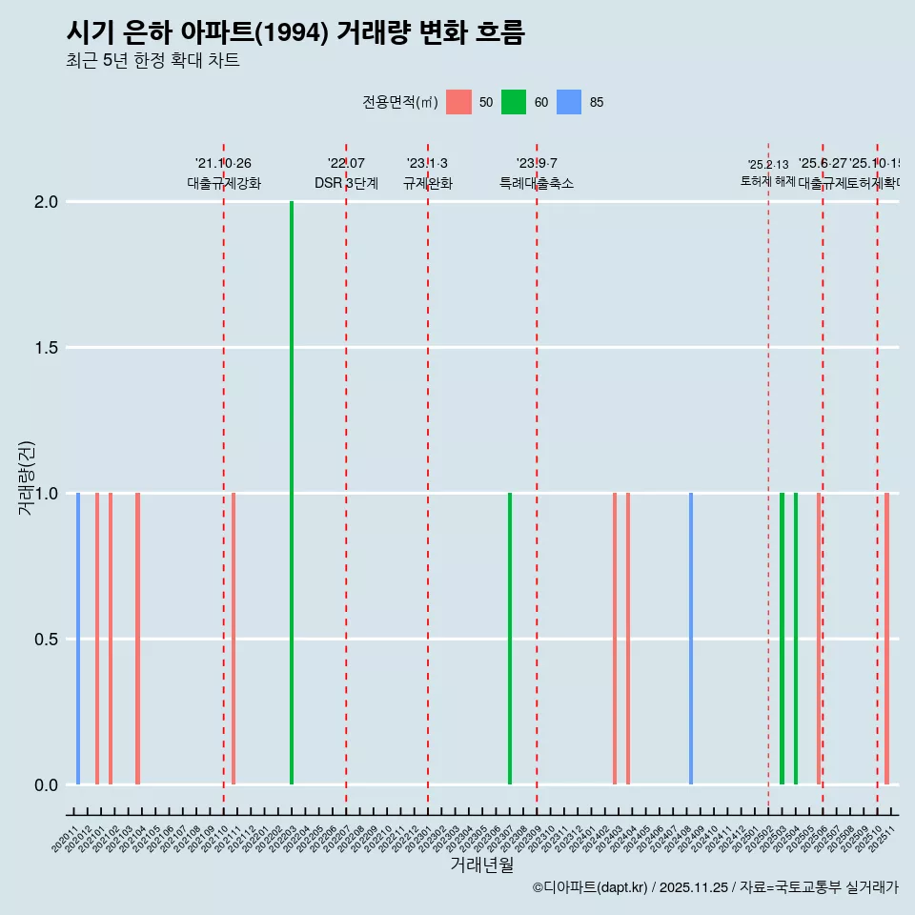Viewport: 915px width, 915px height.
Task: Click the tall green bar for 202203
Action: pos(292,493)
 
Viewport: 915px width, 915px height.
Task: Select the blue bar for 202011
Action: pos(78,639)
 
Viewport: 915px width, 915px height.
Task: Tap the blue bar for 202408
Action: pos(691,639)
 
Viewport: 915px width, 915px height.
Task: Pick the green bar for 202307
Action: pos(510,639)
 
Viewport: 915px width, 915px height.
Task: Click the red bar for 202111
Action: pos(234,639)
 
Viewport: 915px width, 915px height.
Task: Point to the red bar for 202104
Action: pos(138,639)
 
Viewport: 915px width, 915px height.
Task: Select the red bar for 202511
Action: pos(886,639)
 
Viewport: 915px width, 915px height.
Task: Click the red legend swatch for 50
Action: pos(459,102)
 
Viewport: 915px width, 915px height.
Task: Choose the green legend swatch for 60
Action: pos(515,102)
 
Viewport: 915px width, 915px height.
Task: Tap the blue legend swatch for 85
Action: pos(569,102)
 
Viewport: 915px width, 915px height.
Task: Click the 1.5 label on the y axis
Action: pos(46,348)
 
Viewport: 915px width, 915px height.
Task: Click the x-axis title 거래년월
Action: pos(482,865)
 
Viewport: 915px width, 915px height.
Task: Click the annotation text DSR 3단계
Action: pos(346,183)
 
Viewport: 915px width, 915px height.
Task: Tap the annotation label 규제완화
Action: pos(427,183)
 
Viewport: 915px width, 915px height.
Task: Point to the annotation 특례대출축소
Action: pos(537,183)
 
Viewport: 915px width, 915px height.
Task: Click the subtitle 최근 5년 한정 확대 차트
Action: pos(152,61)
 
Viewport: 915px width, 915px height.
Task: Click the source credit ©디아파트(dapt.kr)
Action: pos(591,887)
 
